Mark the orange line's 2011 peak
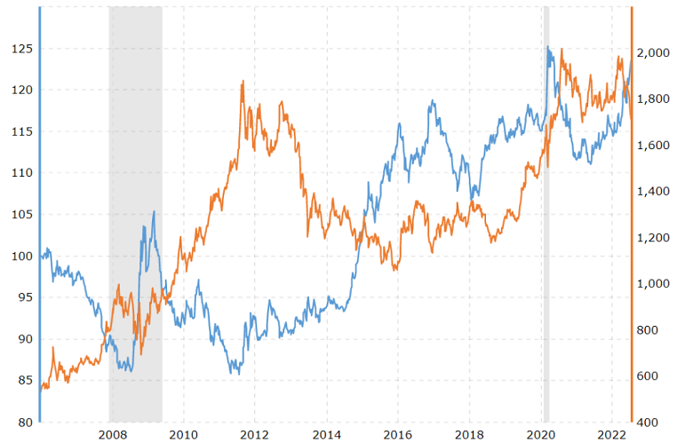[x=243, y=81]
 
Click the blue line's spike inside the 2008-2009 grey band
[x=154, y=211]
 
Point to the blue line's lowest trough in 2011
[x=238, y=373]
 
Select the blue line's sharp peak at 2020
[x=548, y=47]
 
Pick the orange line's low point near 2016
[x=394, y=270]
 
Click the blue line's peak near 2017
[x=433, y=101]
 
